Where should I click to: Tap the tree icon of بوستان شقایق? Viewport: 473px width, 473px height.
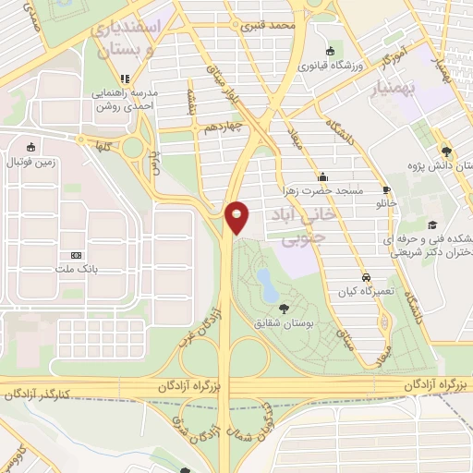coord(283,309)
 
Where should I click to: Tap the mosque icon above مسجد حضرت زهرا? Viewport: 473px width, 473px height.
coord(321,176)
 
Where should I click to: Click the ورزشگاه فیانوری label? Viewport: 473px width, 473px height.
coord(330,66)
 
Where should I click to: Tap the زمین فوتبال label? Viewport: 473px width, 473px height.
coord(32,163)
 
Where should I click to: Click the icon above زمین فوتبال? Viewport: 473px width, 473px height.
coord(32,147)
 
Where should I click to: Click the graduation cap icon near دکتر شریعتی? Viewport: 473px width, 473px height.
coord(431,224)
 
